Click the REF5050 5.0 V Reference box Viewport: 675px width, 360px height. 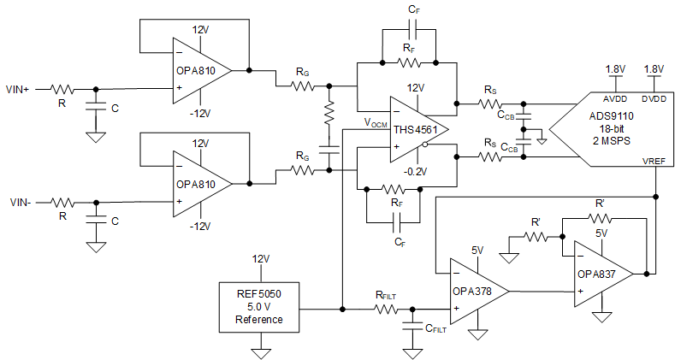pos(261,306)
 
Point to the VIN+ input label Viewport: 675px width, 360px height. pos(19,88)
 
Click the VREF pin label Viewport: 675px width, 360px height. pos(653,160)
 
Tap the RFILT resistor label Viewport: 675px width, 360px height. pos(388,295)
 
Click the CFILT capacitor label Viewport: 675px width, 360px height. pos(436,329)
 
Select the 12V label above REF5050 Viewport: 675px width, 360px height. pos(261,258)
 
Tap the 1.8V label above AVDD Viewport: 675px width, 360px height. pos(615,68)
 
